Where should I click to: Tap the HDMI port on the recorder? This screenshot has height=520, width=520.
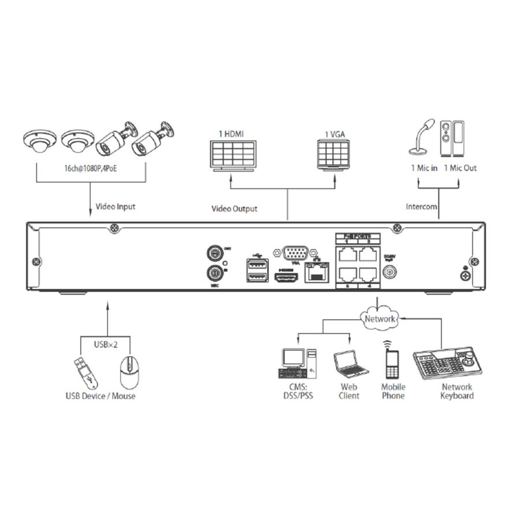pyautogui.click(x=287, y=278)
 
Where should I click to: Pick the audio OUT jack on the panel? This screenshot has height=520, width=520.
pyautogui.click(x=215, y=252)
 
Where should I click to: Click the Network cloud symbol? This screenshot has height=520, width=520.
pyautogui.click(x=380, y=318)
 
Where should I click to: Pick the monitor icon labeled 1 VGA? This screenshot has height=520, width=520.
pyautogui.click(x=333, y=154)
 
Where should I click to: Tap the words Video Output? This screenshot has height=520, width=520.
pyautogui.click(x=234, y=209)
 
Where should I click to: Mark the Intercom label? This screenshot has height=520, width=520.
pyautogui.click(x=421, y=206)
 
